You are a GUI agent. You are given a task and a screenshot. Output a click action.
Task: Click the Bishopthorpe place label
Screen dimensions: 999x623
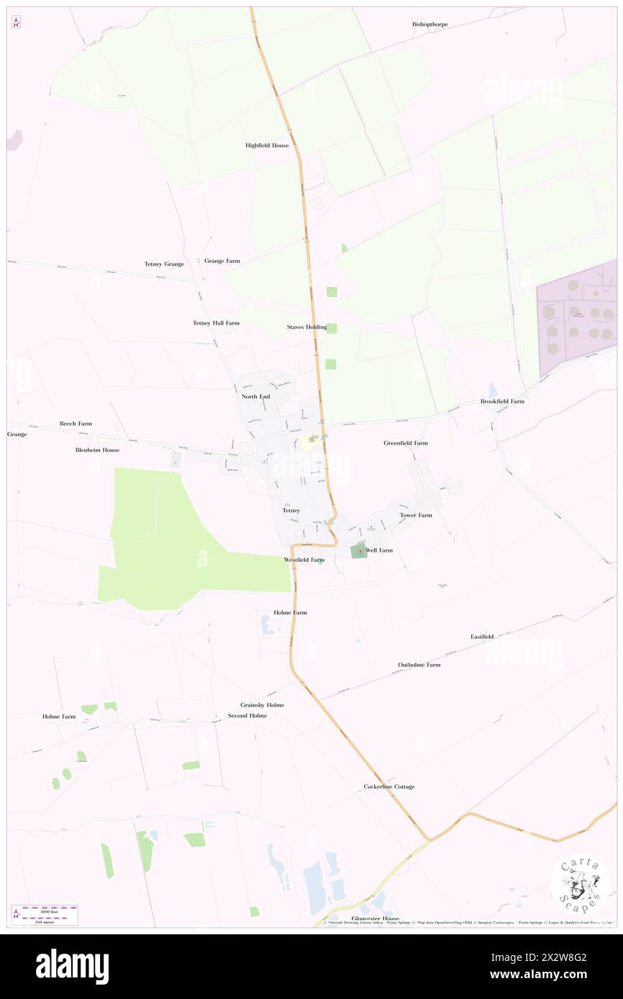[x=429, y=24]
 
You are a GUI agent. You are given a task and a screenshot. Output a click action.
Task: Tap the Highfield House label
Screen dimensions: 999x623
[x=267, y=145]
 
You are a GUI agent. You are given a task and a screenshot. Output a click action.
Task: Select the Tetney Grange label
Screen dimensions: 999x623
[x=164, y=264]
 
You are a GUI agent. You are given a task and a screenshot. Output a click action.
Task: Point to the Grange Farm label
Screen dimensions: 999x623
[x=222, y=261]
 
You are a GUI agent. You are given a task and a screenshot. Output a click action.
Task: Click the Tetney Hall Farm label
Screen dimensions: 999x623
[x=216, y=323]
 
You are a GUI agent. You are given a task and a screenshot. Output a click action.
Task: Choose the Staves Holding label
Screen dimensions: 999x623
[x=306, y=327]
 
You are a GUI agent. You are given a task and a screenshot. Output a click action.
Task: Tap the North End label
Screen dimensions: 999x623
[x=255, y=397]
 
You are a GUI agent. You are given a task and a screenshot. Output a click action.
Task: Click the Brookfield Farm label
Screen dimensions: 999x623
[x=502, y=401]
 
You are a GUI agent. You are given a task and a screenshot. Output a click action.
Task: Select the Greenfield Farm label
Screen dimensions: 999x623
[x=405, y=443]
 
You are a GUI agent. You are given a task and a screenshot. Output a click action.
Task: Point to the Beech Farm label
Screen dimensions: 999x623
[x=76, y=424]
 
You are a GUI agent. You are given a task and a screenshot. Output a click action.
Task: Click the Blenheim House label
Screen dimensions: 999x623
[x=97, y=450]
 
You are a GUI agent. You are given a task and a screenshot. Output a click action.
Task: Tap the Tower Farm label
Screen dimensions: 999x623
[x=416, y=515]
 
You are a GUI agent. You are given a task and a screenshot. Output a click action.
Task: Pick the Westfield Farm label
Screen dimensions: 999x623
[x=304, y=559]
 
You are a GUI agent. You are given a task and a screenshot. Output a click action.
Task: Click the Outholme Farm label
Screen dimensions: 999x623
[x=419, y=665]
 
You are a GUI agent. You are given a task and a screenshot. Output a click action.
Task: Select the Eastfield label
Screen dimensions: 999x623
[x=482, y=637]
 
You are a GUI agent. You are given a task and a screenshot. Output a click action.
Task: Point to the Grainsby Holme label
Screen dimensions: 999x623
[x=262, y=705]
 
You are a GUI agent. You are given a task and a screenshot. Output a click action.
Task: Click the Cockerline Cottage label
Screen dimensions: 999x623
[x=388, y=787]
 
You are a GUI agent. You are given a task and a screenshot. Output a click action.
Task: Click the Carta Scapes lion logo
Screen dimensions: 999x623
[x=580, y=883]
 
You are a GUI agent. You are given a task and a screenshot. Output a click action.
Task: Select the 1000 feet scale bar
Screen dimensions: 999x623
[x=50, y=909]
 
